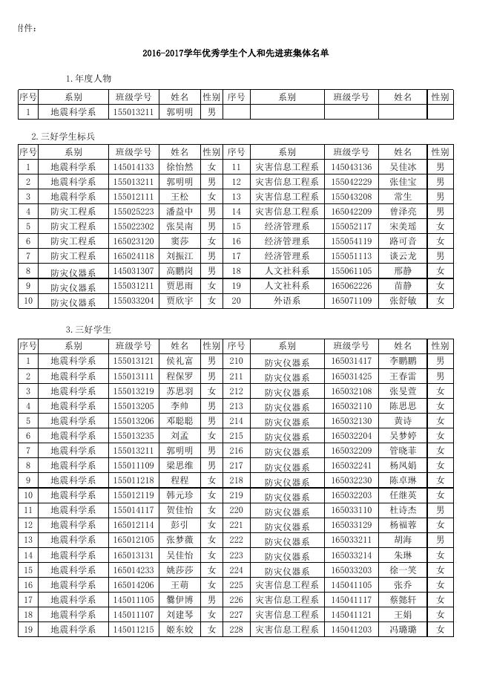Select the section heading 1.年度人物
coord(89,79)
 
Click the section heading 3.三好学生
coord(89,329)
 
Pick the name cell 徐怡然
coord(180,167)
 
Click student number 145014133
coord(134,167)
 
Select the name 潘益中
coord(180,212)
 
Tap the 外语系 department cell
coord(287,301)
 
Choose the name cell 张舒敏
coord(403,301)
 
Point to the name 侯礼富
coord(180,361)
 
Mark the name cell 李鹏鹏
coord(403,361)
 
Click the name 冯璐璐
coord(403,630)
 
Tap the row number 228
coord(236,630)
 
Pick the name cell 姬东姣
coord(180,630)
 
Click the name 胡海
coord(403,540)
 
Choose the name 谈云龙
coord(403,256)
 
